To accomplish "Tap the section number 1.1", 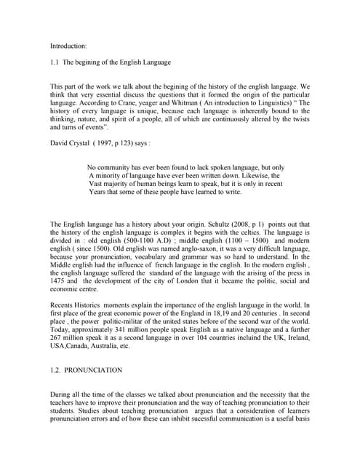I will point(55,63).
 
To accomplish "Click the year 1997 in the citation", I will point(127,143).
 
